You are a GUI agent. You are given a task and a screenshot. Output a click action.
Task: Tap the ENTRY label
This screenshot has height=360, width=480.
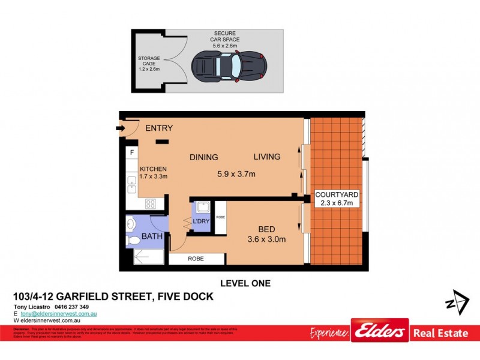pyautogui.click(x=158, y=128)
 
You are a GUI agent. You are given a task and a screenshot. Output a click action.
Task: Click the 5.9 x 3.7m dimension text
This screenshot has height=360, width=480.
pyautogui.click(x=236, y=175)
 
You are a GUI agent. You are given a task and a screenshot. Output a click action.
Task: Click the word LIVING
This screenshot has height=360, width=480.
pyautogui.click(x=266, y=157)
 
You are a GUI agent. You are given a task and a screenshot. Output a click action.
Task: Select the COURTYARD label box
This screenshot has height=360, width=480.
pyautogui.click(x=337, y=199)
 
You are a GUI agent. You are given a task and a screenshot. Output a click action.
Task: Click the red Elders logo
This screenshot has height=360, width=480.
pyautogui.click(x=380, y=331)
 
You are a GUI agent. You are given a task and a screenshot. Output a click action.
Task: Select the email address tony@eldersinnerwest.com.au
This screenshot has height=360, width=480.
pyautogui.click(x=59, y=314)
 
